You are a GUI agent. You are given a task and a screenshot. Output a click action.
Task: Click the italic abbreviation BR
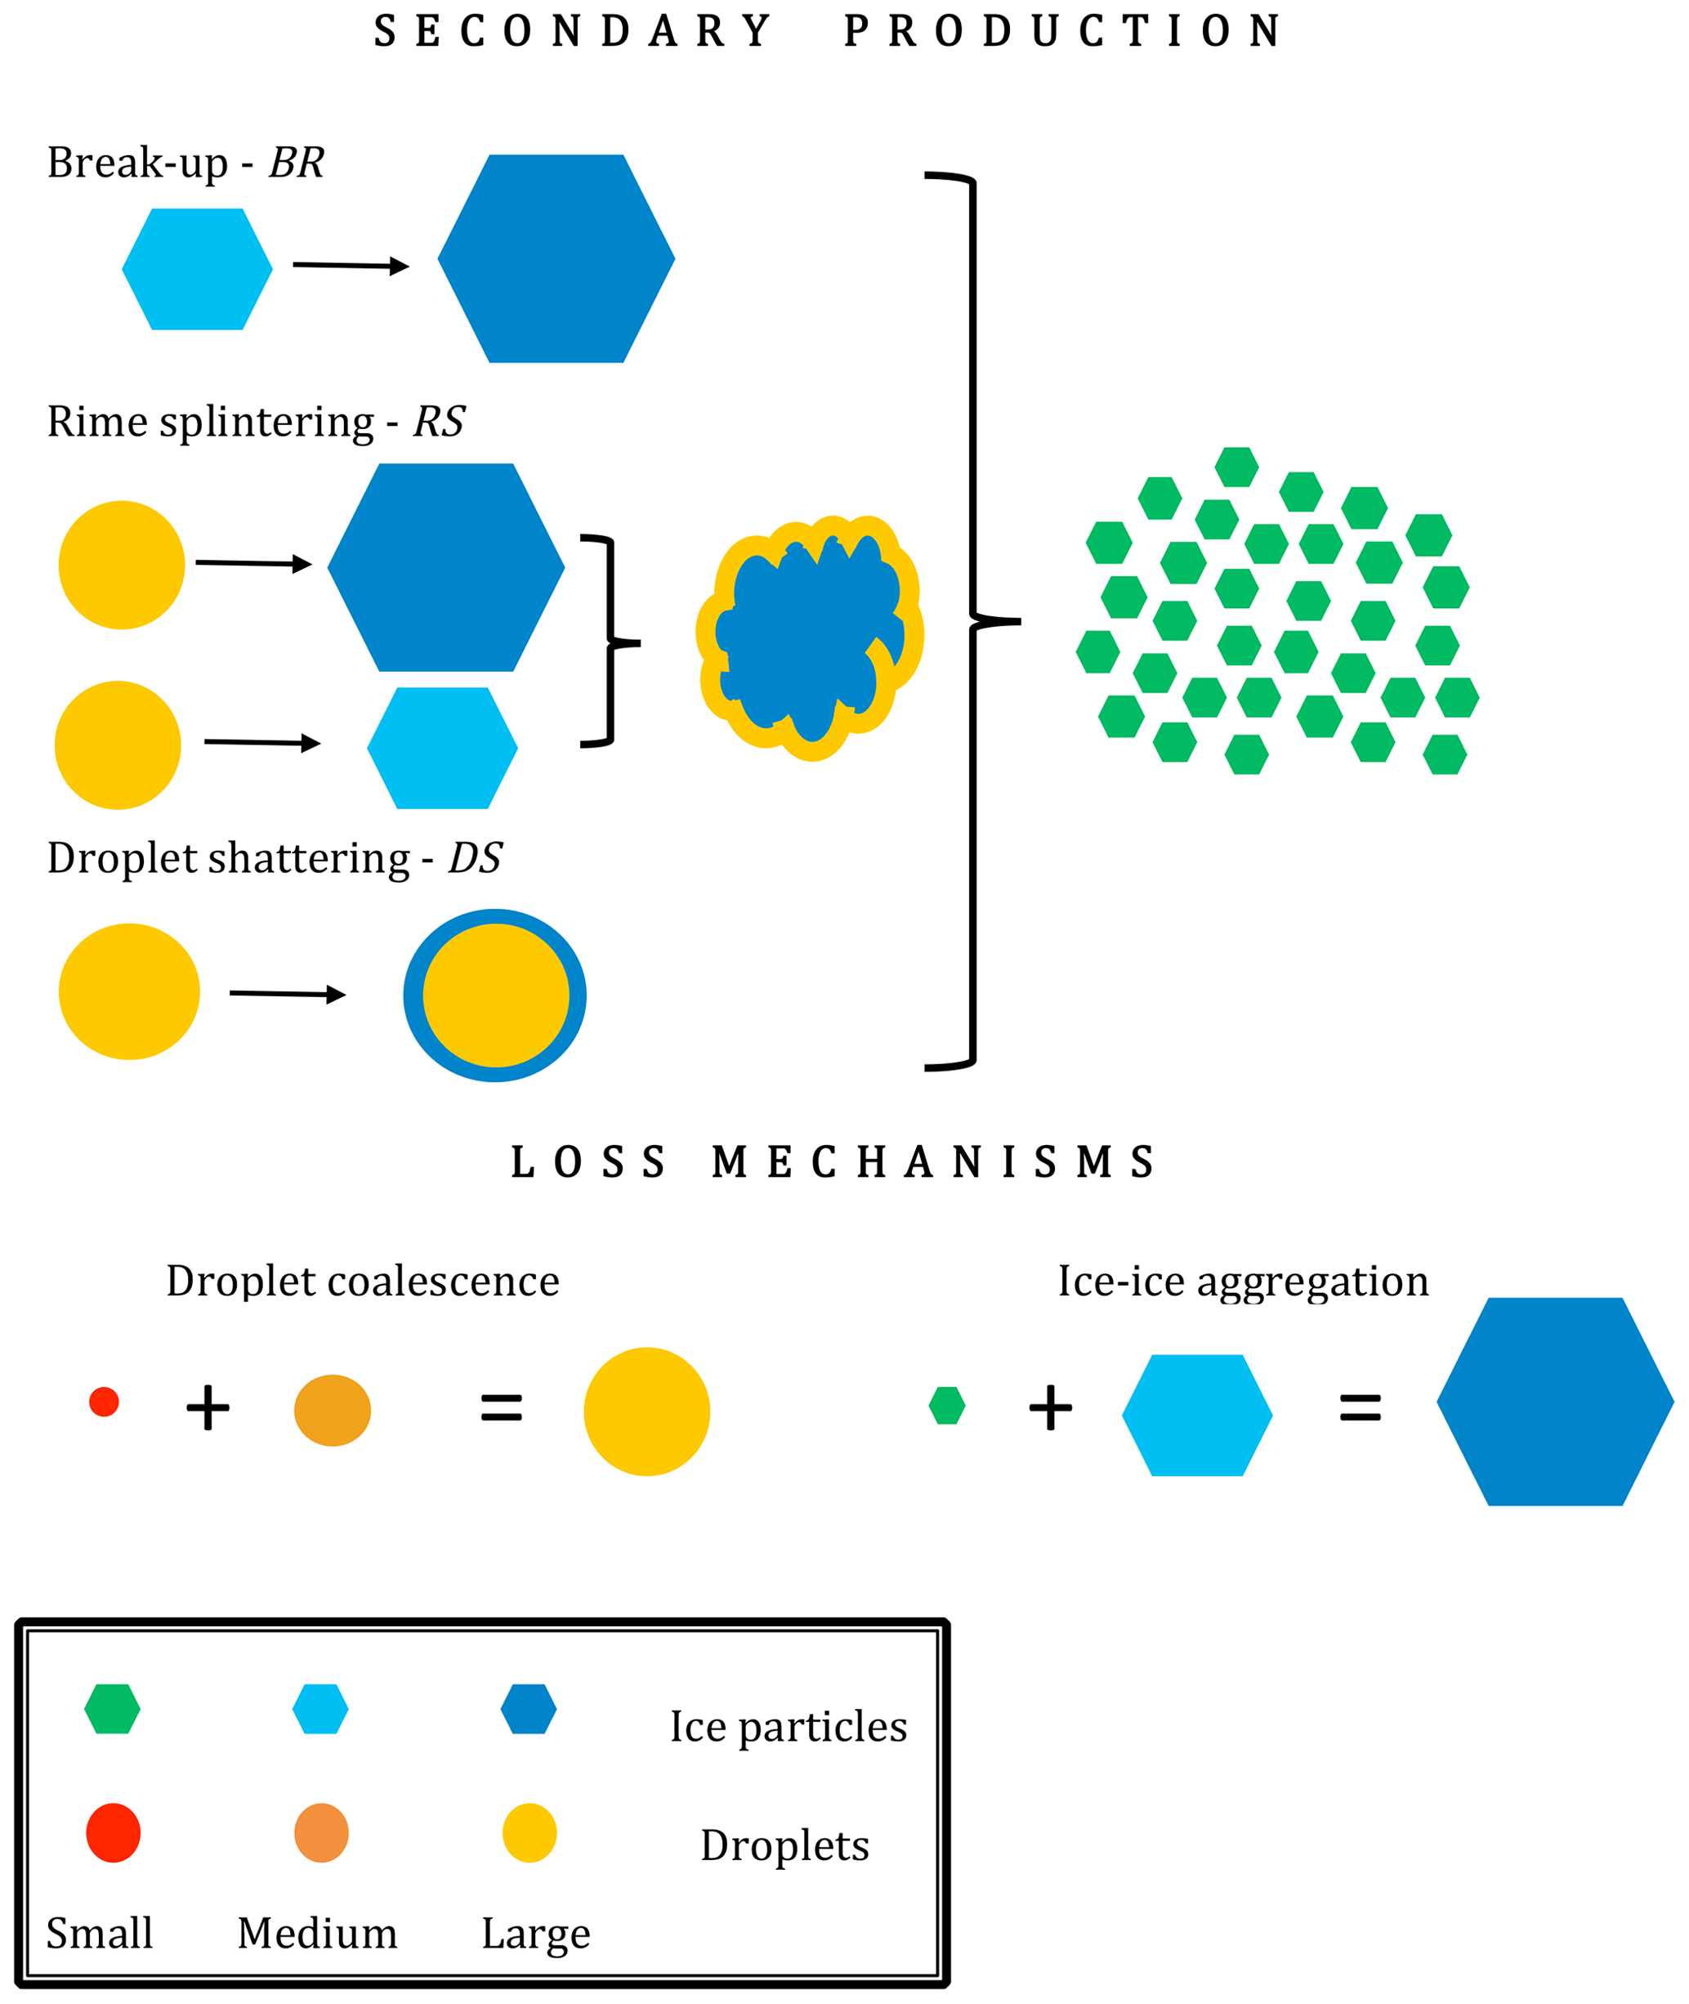(297, 163)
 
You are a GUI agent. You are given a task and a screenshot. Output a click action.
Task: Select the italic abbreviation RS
(439, 421)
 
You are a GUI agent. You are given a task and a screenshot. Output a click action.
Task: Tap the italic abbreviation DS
(475, 858)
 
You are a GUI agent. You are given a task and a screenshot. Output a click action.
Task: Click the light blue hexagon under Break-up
(197, 269)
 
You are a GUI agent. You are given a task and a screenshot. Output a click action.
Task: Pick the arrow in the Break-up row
(351, 266)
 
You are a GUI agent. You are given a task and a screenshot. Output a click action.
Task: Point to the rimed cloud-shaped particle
(810, 637)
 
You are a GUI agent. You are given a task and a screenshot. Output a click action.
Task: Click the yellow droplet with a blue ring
(495, 995)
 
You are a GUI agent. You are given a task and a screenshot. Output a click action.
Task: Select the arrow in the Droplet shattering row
(288, 994)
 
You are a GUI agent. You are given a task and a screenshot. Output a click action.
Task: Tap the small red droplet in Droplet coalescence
(104, 1402)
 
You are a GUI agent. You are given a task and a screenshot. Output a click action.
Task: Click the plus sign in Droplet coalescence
(208, 1407)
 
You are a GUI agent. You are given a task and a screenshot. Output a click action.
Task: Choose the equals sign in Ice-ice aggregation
(1360, 1407)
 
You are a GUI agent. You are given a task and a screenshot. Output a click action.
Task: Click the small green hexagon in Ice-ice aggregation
(947, 1406)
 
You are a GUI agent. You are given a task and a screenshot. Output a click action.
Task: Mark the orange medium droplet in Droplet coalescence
(333, 1411)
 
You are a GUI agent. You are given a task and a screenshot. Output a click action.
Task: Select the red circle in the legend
(113, 1832)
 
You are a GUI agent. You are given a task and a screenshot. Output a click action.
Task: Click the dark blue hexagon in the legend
(529, 1709)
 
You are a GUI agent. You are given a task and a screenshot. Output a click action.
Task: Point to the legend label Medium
(317, 1933)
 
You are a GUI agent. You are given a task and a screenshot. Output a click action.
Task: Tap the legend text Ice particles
(788, 1727)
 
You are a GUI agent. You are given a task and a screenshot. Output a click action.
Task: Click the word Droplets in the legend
(785, 1845)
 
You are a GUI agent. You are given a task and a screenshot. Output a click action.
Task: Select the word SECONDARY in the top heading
(573, 32)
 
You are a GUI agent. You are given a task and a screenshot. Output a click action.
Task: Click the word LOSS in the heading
(588, 1162)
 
